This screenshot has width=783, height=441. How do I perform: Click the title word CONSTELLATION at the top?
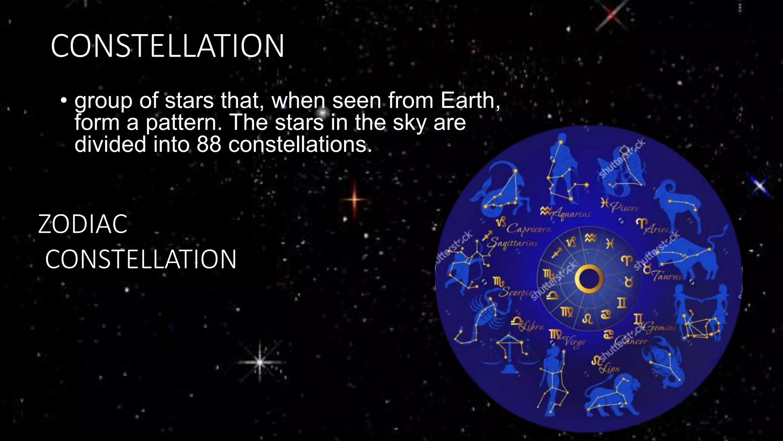pyautogui.click(x=167, y=46)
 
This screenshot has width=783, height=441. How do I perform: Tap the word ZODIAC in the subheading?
pyautogui.click(x=83, y=224)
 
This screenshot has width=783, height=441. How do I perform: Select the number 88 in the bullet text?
pyautogui.click(x=209, y=144)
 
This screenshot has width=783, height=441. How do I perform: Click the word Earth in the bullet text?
pyautogui.click(x=469, y=100)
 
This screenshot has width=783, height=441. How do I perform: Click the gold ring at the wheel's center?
pyautogui.click(x=589, y=279)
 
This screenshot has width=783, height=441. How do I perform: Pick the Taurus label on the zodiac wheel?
pyautogui.click(x=668, y=276)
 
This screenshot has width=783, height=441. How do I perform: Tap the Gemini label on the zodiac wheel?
pyautogui.click(x=660, y=327)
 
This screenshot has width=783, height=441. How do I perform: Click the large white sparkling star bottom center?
pyautogui.click(x=260, y=362)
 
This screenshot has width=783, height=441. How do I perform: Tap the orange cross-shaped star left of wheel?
pyautogui.click(x=354, y=199)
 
